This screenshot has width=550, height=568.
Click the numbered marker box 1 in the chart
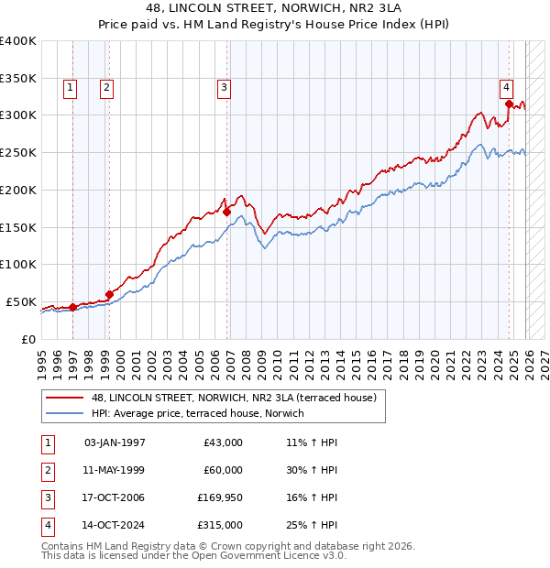[x=71, y=88]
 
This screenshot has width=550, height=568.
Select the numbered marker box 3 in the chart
[x=225, y=88]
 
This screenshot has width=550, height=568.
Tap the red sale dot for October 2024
[x=508, y=104]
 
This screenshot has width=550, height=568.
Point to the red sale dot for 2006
[x=226, y=212]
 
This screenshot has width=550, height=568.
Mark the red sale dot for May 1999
[x=109, y=294]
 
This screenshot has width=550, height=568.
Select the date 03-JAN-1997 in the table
[x=115, y=442]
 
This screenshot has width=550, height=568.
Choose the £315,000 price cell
[x=219, y=525]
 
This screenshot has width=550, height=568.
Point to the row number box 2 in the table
[x=46, y=470]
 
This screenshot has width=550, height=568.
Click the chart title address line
[x=275, y=7]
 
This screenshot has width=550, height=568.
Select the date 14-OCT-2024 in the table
[x=115, y=525]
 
